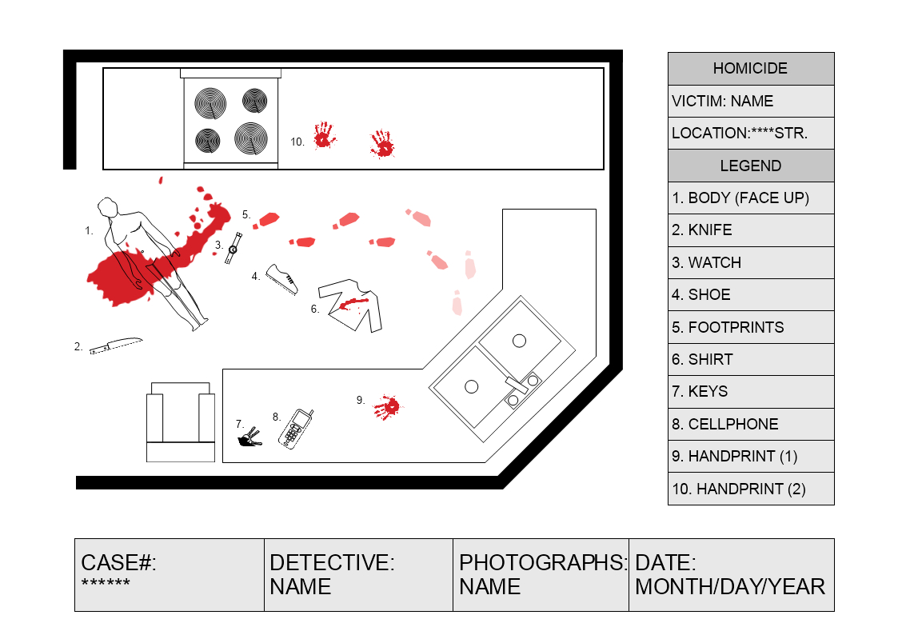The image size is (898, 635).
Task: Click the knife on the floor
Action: point(116,345)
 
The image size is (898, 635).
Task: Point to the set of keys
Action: point(249,437)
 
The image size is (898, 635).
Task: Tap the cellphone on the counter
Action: point(295,429)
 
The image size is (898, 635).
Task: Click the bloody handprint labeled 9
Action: point(389,407)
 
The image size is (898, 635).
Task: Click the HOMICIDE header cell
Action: point(750,69)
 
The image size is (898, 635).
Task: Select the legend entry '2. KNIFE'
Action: point(750,230)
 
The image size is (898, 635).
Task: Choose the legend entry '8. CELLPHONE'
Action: point(750,424)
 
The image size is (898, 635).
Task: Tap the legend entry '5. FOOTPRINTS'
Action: point(750,327)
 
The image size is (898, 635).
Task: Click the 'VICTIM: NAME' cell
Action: point(750,102)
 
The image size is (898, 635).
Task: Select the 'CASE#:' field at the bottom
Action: point(169,574)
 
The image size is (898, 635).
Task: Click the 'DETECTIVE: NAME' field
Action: point(357,574)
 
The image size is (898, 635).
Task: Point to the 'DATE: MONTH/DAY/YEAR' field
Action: point(730,574)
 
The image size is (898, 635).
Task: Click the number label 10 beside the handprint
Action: point(297,142)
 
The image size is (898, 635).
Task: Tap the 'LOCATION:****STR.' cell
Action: point(750,134)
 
